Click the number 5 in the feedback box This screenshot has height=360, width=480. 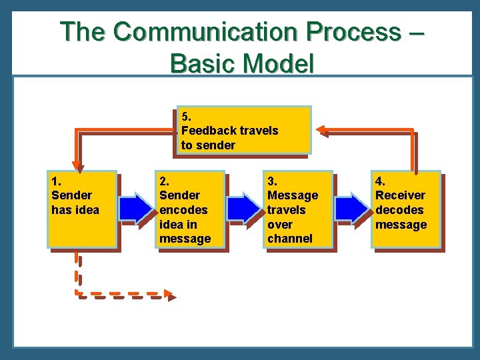185,116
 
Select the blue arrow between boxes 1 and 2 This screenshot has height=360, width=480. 137,208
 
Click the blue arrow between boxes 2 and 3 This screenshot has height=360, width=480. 245,208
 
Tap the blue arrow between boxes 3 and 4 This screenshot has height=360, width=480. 352,208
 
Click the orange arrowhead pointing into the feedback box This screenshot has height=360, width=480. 321,130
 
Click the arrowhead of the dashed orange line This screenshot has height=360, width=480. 171,295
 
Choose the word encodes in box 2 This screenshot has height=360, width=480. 183,210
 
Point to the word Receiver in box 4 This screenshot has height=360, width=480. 400,195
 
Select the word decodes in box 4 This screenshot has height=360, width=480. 399,210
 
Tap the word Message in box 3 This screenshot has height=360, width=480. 292,195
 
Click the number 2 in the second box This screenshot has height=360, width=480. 163,181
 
